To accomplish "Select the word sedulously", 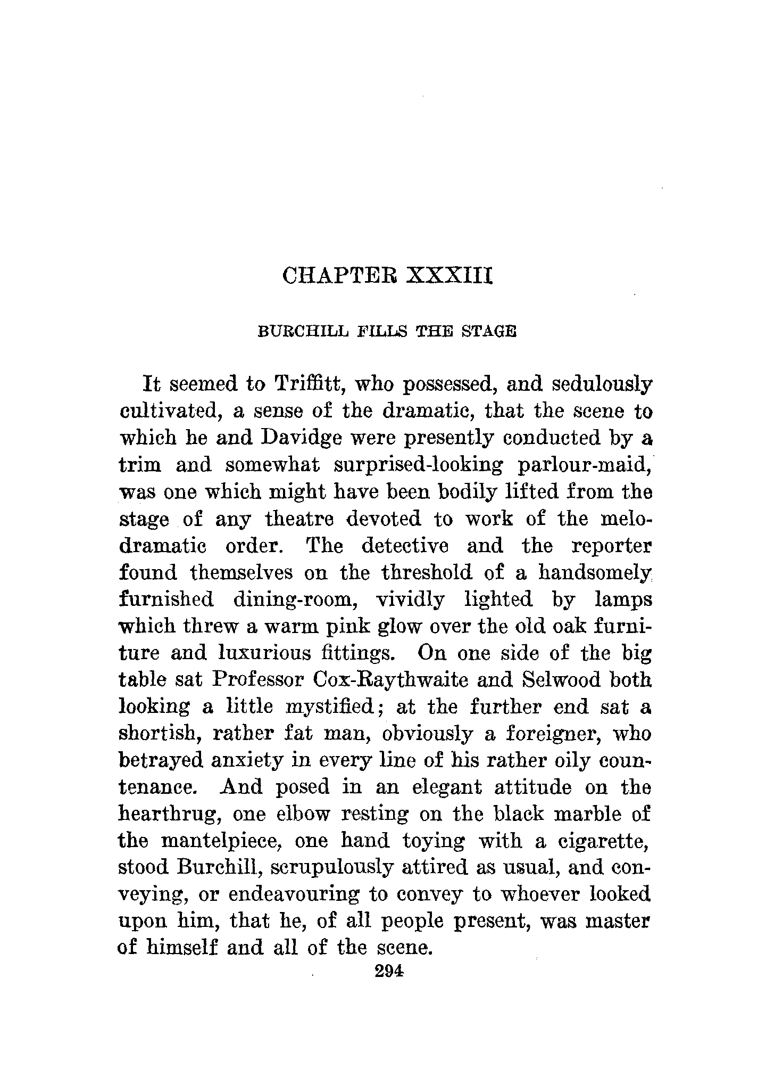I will coord(598,384).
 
